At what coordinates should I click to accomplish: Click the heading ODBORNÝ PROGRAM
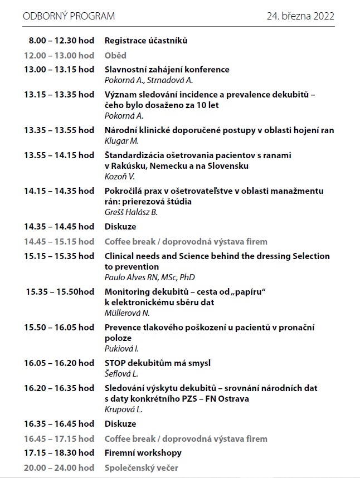pyautogui.click(x=69, y=16)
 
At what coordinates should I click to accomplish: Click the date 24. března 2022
pyautogui.click(x=300, y=16)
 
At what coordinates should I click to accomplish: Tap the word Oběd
pyautogui.click(x=115, y=55)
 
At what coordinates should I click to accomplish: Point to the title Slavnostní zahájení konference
pyautogui.click(x=167, y=70)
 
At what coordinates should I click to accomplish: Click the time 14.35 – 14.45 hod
pyautogui.click(x=59, y=227)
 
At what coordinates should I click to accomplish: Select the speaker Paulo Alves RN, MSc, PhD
pyautogui.click(x=149, y=277)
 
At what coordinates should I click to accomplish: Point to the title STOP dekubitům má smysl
pyautogui.click(x=158, y=363)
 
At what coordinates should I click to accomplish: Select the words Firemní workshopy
pyautogui.click(x=143, y=453)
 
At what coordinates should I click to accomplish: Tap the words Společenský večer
pyautogui.click(x=141, y=467)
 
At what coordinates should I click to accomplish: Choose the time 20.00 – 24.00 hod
pyautogui.click(x=59, y=467)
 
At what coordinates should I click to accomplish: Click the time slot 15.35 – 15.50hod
pyautogui.click(x=60, y=292)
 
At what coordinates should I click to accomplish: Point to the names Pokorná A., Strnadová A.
pyautogui.click(x=141, y=80)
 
